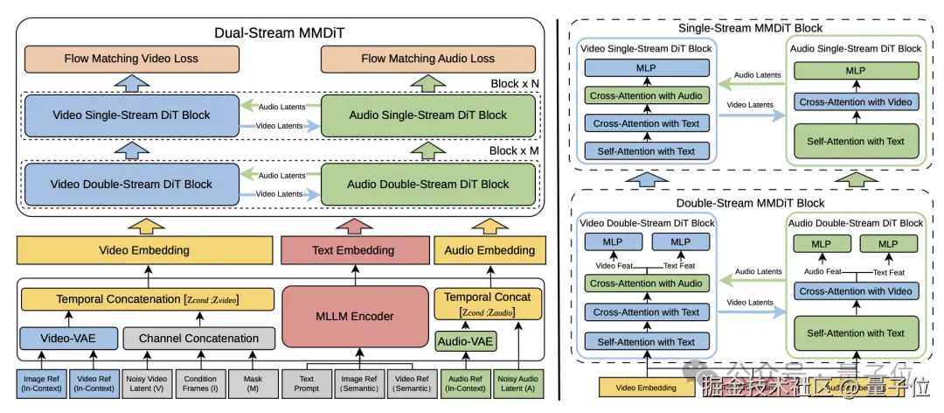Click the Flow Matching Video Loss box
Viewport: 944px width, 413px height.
131,59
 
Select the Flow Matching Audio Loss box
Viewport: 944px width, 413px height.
427,59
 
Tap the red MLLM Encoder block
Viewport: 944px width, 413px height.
353,316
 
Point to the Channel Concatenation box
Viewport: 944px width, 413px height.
198,338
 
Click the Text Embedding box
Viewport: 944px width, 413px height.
353,250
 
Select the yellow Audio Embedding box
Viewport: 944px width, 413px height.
489,250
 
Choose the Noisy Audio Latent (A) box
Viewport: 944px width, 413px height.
518,382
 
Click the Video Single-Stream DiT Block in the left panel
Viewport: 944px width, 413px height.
131,115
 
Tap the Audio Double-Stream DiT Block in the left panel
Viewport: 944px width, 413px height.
428,184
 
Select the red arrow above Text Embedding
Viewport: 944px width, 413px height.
353,225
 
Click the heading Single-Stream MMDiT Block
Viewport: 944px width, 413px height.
750,28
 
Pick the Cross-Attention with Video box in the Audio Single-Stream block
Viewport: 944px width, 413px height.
856,101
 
